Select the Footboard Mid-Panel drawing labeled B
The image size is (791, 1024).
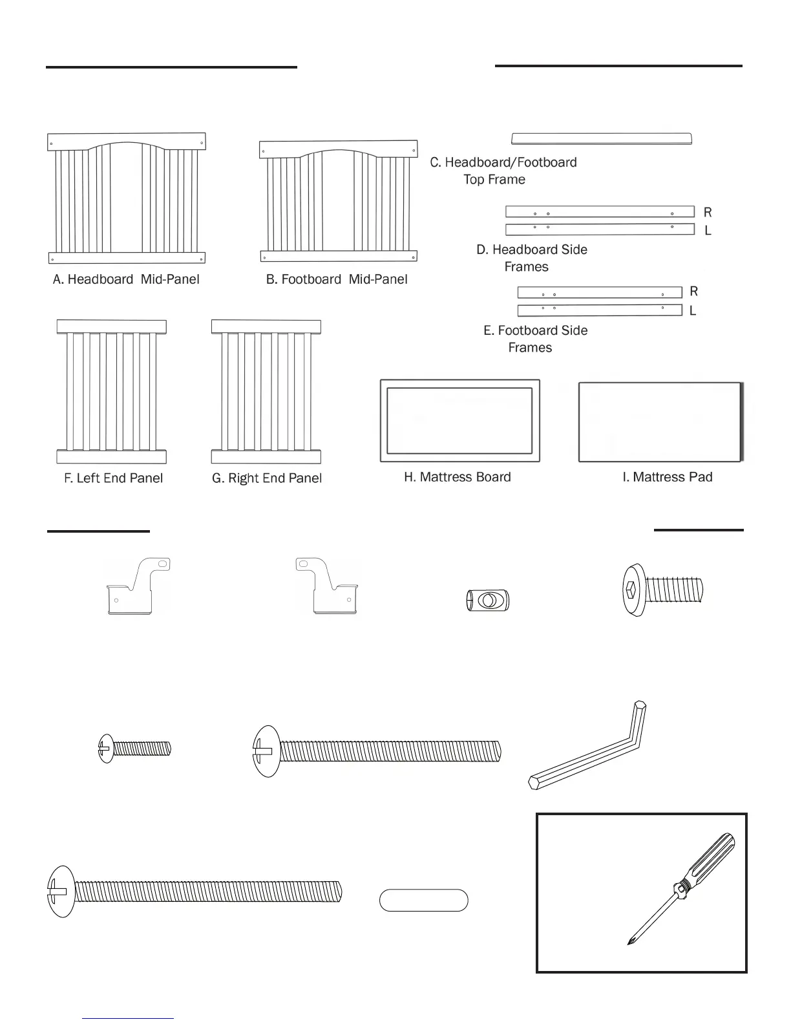pos(339,200)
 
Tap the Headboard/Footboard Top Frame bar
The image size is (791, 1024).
pos(601,139)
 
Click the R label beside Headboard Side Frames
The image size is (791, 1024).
pos(708,212)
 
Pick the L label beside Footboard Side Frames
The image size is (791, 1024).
pos(693,311)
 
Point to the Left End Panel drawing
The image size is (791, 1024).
pos(111,392)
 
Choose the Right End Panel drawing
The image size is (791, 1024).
pos(266,392)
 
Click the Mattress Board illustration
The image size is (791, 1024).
pos(459,421)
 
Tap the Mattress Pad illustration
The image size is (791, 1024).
pos(660,422)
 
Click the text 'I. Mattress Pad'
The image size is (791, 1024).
pos(667,477)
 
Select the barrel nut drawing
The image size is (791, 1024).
pos(488,601)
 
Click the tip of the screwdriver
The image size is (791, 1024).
pos(629,943)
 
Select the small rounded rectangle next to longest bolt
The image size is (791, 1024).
pos(423,901)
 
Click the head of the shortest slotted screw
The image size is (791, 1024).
pos(106,749)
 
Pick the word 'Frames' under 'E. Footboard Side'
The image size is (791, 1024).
pos(530,348)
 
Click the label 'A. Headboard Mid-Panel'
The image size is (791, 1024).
pos(126,279)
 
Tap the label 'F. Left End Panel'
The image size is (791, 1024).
pos(113,478)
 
